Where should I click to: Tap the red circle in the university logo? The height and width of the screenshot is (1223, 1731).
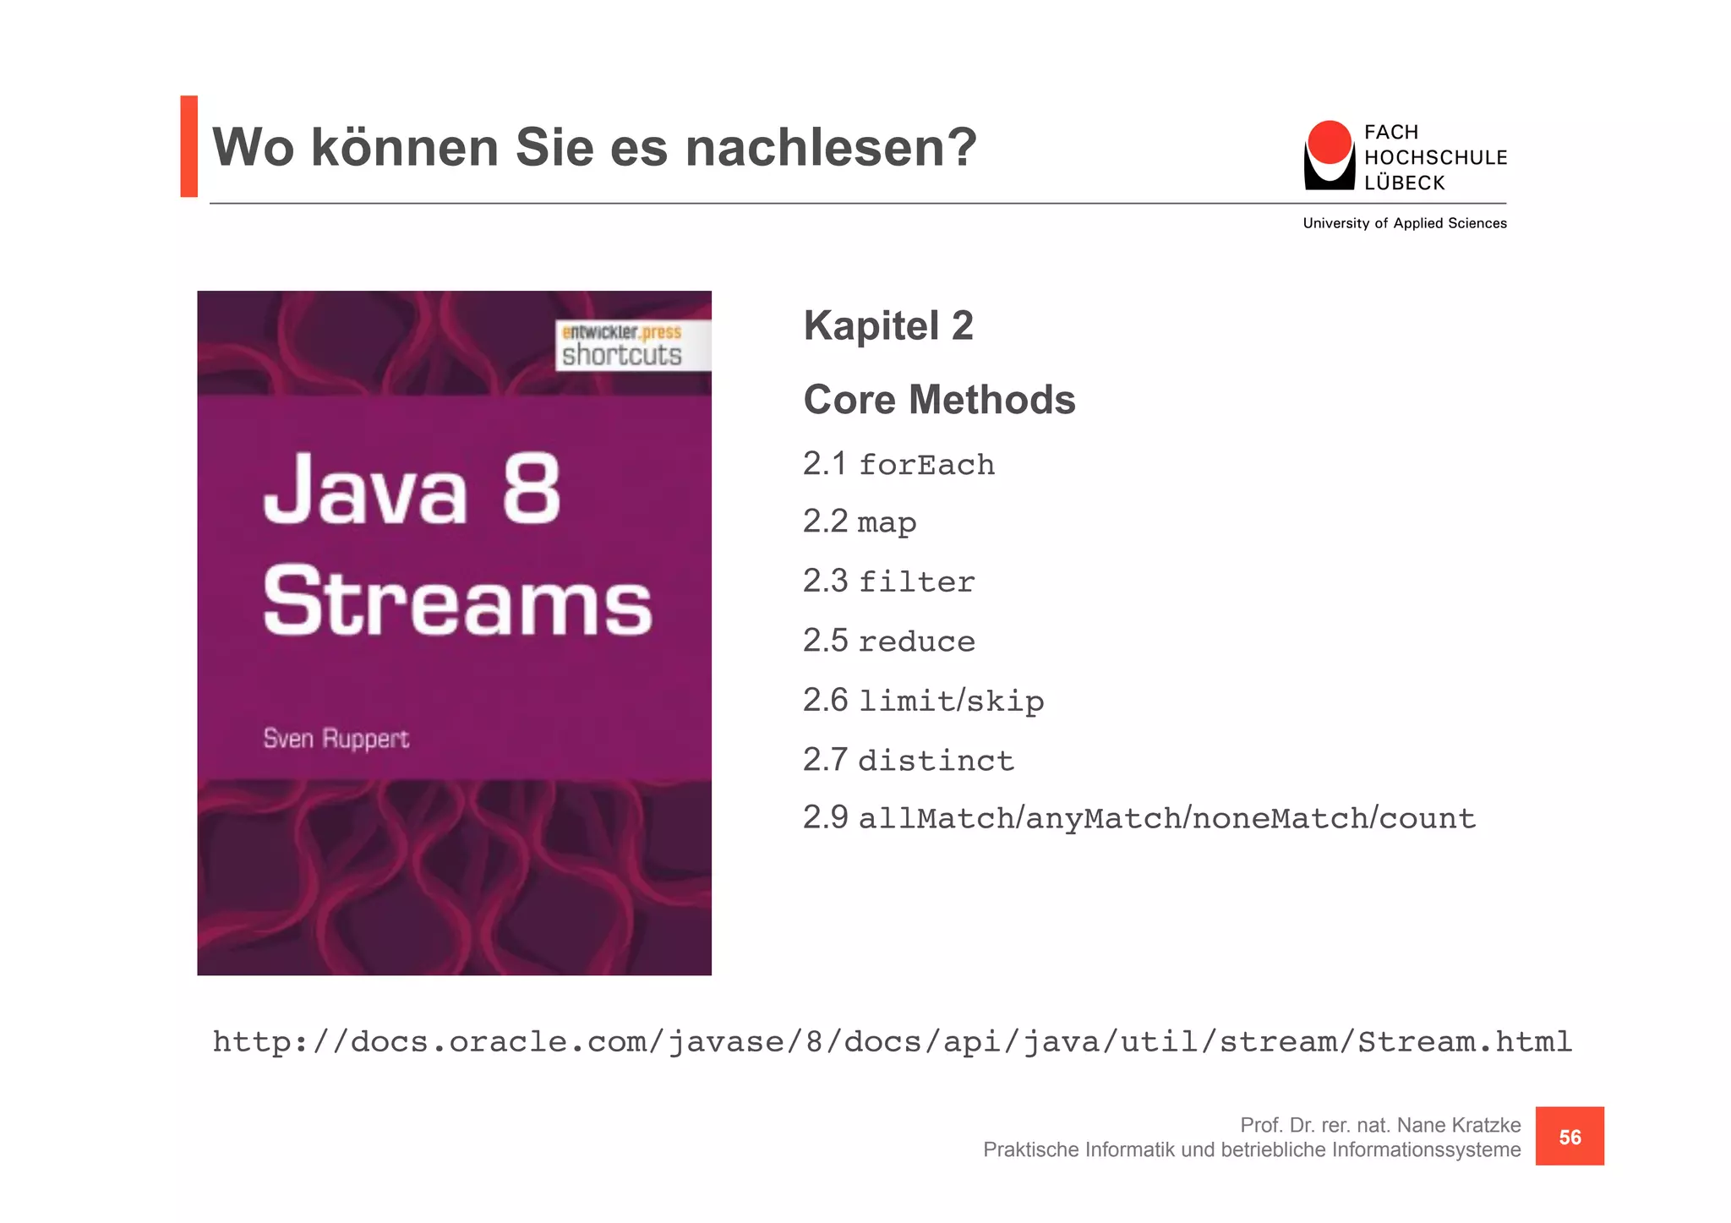coord(1329,142)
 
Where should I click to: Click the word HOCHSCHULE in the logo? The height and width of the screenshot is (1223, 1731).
coord(1435,158)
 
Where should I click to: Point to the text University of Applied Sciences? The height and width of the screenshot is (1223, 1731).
coord(1404,223)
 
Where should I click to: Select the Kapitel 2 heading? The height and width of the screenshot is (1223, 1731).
coord(887,326)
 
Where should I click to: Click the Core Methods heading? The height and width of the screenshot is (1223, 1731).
coord(938,400)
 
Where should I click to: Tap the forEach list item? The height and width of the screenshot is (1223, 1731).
coord(926,465)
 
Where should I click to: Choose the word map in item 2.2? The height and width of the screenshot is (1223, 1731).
coord(887,523)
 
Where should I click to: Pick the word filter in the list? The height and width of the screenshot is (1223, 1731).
coord(916,582)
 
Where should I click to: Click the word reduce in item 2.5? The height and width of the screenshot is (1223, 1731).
coord(916,642)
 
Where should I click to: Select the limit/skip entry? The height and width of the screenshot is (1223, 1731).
coord(951,702)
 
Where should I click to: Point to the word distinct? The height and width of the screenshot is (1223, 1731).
coord(936,761)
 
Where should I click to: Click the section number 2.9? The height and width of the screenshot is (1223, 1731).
coord(825,817)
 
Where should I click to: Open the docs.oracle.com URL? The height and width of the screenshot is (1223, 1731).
coord(892,1041)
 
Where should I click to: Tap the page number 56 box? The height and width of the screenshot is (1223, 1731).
coord(1569,1137)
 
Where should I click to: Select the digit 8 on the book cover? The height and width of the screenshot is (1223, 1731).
coord(531,489)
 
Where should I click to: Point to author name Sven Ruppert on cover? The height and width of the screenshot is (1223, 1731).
coord(336,739)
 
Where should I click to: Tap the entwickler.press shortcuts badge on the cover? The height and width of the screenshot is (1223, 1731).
coord(631,345)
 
